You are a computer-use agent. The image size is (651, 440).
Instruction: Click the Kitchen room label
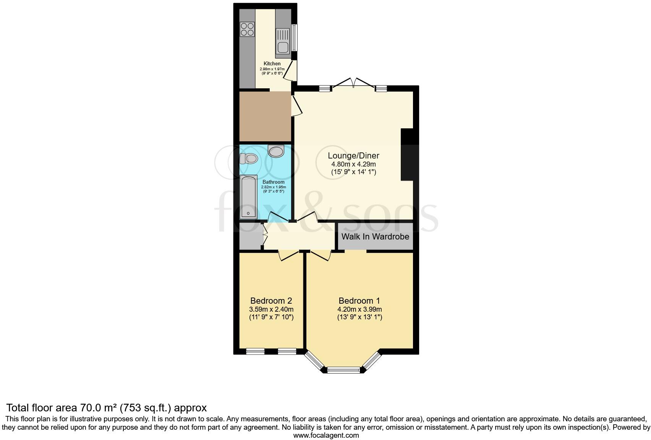[x=272, y=64]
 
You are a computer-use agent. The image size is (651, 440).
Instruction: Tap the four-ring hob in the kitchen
[x=247, y=29]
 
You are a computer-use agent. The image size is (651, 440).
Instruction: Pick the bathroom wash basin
[x=276, y=151]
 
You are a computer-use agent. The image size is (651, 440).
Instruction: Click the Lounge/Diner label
[x=353, y=156]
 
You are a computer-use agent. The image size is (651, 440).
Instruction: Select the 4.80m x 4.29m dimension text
[x=353, y=164]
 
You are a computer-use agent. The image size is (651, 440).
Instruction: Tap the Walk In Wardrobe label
[x=375, y=236]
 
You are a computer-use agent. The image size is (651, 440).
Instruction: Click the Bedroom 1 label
[x=359, y=301]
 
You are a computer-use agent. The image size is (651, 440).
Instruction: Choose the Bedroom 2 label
[x=271, y=301]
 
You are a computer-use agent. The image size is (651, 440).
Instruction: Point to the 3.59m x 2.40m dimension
[x=271, y=309]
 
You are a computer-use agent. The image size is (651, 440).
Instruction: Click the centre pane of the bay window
[x=344, y=370]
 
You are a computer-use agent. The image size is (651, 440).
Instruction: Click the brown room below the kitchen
[x=265, y=116]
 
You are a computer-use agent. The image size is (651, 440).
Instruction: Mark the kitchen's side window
[x=294, y=37]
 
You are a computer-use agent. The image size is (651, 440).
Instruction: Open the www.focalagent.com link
[x=326, y=435]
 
